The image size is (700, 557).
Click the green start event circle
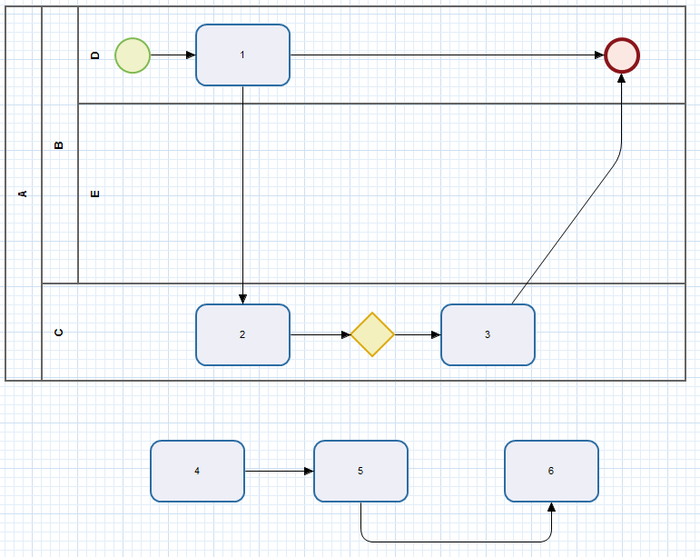pyautogui.click(x=133, y=55)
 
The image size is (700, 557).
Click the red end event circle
pyautogui.click(x=622, y=55)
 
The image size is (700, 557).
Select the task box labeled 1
pyautogui.click(x=242, y=55)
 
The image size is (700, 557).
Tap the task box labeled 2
pyautogui.click(x=242, y=334)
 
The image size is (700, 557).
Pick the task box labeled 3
pyautogui.click(x=488, y=334)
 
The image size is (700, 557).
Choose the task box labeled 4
pyautogui.click(x=197, y=471)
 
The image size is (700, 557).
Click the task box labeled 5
pyautogui.click(x=360, y=471)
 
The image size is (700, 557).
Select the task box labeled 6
pyautogui.click(x=551, y=471)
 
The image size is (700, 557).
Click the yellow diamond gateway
pyautogui.click(x=372, y=334)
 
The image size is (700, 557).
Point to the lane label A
pyautogui.click(x=24, y=193)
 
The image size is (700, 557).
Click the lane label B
pyautogui.click(x=60, y=144)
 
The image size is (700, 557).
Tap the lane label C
pyautogui.click(x=60, y=332)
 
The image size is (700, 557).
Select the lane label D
pyautogui.click(x=95, y=55)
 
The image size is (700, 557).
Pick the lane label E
pyautogui.click(x=95, y=194)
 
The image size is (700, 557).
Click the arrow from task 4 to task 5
pyautogui.click(x=279, y=471)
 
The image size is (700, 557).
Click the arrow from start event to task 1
pyautogui.click(x=173, y=55)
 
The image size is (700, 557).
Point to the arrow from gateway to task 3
pyautogui.click(x=418, y=334)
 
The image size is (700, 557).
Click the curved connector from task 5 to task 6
pyautogui.click(x=454, y=542)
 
